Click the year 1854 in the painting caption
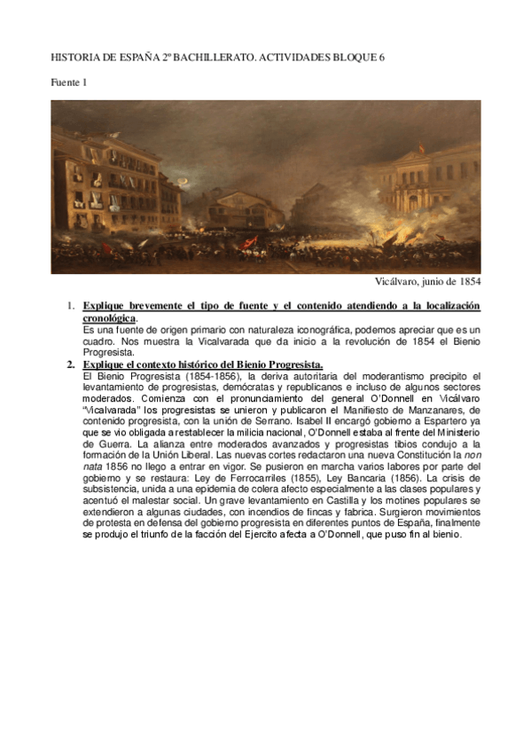click(x=465, y=283)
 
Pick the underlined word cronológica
click(x=109, y=317)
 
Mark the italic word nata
click(x=91, y=467)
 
